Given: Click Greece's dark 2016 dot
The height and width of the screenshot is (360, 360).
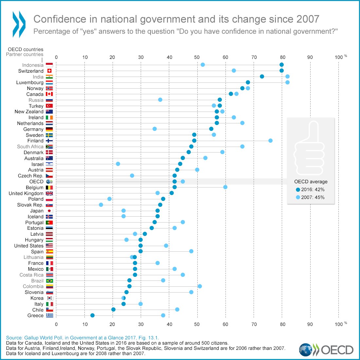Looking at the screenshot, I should [92, 315].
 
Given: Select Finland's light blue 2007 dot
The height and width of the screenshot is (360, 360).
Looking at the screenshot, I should [270, 141].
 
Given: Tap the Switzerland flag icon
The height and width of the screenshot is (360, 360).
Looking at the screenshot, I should [49, 71].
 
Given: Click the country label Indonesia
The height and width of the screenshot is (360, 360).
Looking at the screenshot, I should [33, 65].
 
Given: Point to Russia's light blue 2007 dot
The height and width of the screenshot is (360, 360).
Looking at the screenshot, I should [160, 100].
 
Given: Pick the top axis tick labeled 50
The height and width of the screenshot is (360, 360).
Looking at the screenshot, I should [197, 57].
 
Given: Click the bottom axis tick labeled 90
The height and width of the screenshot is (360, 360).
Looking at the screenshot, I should [310, 324].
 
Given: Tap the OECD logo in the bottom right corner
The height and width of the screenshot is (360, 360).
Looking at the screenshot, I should [326, 350].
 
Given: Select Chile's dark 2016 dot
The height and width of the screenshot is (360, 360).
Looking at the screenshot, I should [113, 310].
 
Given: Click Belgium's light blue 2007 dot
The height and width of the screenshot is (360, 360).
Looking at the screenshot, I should [225, 187].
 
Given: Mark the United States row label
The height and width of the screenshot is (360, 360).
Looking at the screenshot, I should [29, 246].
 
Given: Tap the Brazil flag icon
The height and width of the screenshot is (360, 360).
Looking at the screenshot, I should [49, 281].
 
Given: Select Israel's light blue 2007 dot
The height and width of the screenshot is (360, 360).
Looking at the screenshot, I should [118, 164].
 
